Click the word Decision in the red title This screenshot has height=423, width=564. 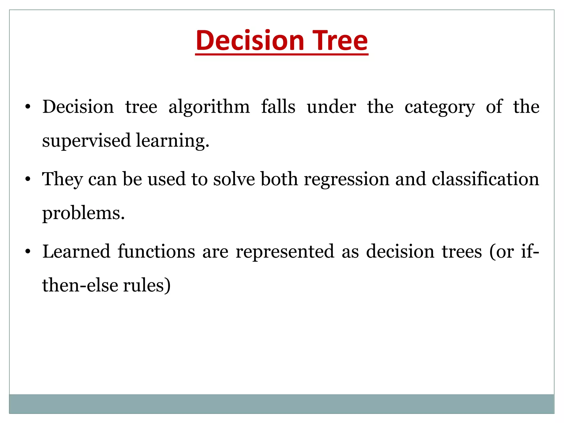point(250,40)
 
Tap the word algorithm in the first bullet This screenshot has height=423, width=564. point(209,107)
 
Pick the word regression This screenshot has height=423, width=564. point(346,180)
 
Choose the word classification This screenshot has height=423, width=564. point(485,179)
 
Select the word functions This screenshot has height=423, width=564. point(156,251)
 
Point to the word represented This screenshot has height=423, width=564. point(285,251)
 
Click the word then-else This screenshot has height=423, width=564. point(80,285)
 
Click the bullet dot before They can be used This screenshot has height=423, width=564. point(27,180)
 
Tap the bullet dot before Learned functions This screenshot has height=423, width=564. point(27,252)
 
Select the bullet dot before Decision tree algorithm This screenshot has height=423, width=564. point(27,107)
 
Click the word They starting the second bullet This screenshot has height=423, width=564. point(62,180)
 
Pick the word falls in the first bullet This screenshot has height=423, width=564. point(278,107)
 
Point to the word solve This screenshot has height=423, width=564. point(234,179)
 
